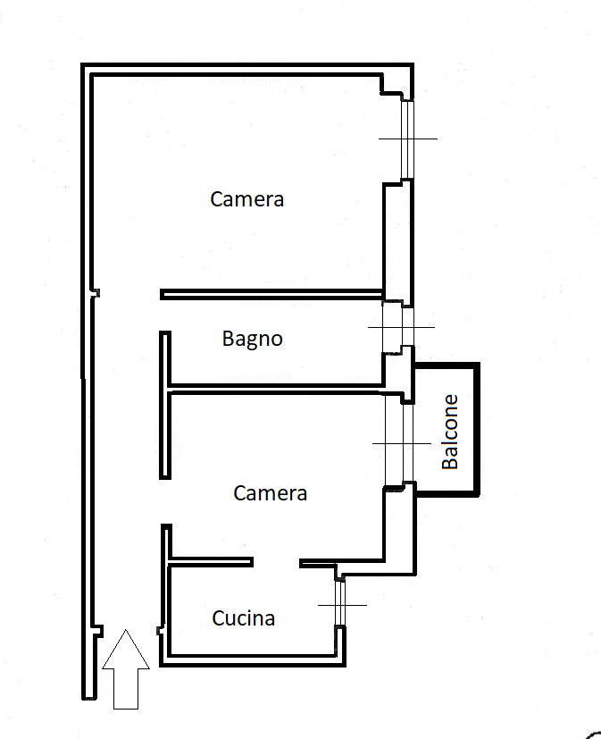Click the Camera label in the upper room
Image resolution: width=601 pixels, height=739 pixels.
pyautogui.click(x=246, y=199)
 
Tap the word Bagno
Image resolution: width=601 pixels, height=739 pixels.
pyautogui.click(x=253, y=339)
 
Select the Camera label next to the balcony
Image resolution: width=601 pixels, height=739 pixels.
pyautogui.click(x=271, y=493)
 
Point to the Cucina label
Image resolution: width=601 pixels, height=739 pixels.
pyautogui.click(x=244, y=618)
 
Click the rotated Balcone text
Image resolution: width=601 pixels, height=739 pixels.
pyautogui.click(x=450, y=432)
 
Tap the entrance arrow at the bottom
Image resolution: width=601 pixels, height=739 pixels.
pyautogui.click(x=126, y=668)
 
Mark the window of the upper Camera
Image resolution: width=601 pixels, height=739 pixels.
pyautogui.click(x=407, y=139)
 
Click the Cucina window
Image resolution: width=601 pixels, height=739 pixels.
pyautogui.click(x=340, y=604)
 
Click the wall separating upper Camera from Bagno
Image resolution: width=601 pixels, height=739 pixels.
pyautogui.click(x=271, y=295)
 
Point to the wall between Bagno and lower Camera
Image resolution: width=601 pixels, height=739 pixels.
pyautogui.click(x=276, y=389)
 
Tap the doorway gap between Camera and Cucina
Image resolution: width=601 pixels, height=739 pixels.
pyautogui.click(x=277, y=562)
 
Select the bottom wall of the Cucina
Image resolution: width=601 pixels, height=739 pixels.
pyautogui.click(x=253, y=660)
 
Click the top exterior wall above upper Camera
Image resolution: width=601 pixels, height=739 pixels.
pyautogui.click(x=247, y=69)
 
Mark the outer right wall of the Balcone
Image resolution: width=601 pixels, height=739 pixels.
pyautogui.click(x=477, y=429)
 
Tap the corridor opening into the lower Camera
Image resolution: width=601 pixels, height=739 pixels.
pyautogui.click(x=165, y=501)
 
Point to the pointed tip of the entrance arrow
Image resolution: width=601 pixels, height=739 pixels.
pyautogui.click(x=126, y=629)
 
